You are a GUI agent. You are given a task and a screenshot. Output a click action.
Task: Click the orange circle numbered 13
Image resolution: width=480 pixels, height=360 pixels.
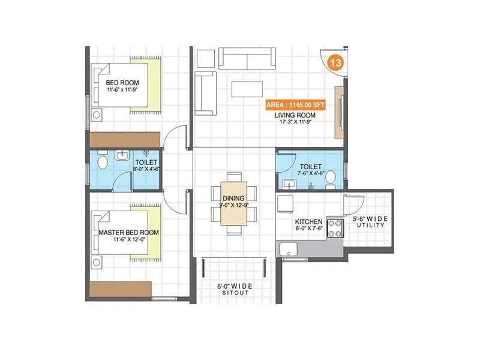pos(335,63)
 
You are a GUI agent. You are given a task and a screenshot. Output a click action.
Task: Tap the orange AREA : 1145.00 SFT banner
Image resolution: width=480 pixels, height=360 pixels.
pos(296,105)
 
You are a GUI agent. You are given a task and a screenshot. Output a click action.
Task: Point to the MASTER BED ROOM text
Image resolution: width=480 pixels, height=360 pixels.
pos(129,232)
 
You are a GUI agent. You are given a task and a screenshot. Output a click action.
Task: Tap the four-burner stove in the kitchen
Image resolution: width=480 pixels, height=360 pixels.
pos(334,228)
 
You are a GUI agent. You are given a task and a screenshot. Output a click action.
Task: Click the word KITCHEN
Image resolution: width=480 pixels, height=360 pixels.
pos(309,222)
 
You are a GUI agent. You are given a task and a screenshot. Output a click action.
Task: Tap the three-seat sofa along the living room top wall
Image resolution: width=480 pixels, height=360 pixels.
pos(246,58)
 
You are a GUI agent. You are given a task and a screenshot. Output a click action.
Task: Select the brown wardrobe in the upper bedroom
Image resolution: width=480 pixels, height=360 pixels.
pos(124,139)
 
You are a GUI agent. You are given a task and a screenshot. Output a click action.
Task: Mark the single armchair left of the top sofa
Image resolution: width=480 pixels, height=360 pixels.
pos(206,58)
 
